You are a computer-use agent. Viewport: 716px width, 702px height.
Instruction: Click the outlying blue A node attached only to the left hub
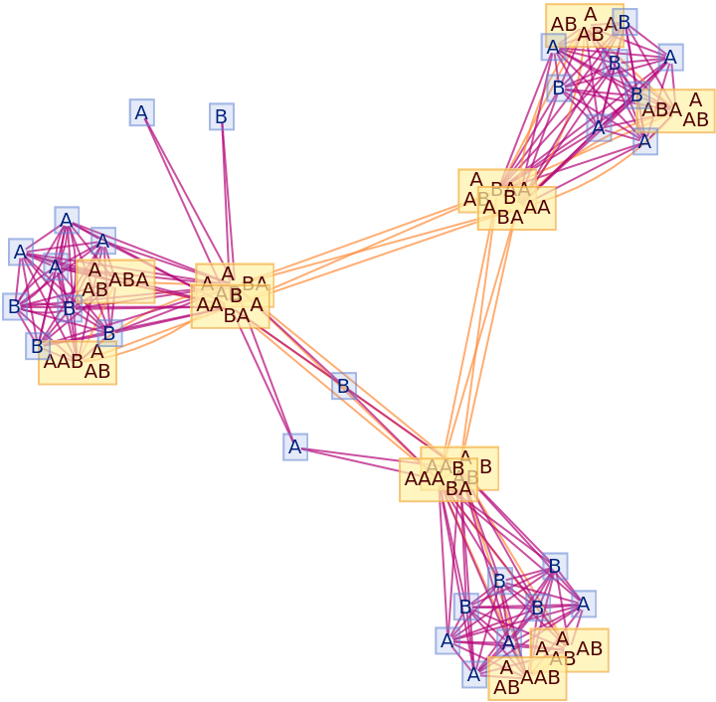coord(141,112)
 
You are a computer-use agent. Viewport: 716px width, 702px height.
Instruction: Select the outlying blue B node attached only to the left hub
coord(222,117)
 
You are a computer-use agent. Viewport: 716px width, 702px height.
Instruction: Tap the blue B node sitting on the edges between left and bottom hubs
coord(344,386)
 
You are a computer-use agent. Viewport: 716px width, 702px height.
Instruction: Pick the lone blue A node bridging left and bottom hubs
coord(294,446)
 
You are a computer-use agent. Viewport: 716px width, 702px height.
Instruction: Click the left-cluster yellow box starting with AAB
coord(78,364)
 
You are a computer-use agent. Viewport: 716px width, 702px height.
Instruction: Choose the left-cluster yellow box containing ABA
coord(117,279)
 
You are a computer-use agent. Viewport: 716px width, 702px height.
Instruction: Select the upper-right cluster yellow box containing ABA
coord(675,111)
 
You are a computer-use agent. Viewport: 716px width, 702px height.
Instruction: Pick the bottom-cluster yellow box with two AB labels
coord(570,649)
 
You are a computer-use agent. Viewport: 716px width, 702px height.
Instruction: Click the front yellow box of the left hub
coord(230,306)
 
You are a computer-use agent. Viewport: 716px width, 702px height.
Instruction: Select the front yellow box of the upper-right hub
coord(516,209)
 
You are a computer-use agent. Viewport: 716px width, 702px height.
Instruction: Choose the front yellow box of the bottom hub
coord(438,479)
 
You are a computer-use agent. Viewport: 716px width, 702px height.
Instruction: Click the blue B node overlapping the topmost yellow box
coord(625,22)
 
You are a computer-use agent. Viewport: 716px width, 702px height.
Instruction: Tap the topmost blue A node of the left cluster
coord(67,220)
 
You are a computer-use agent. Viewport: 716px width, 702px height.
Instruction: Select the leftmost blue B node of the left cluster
coord(14,306)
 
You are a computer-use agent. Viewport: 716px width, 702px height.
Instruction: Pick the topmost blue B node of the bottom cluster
coord(555,566)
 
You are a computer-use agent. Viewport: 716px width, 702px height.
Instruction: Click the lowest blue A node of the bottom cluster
coord(474,674)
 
